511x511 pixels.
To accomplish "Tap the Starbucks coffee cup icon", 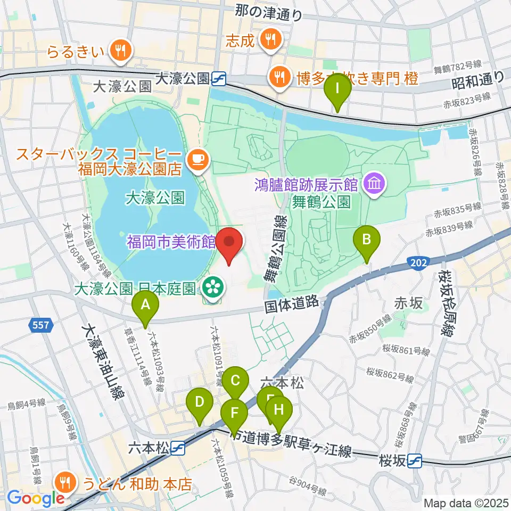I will point(197,158).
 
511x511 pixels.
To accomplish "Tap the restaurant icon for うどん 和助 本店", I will point(66,483).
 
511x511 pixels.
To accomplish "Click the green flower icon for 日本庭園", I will point(213,289).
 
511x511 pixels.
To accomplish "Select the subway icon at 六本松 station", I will point(178,449).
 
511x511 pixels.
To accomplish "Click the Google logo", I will point(35,498).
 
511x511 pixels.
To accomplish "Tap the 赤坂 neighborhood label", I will point(409,304).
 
